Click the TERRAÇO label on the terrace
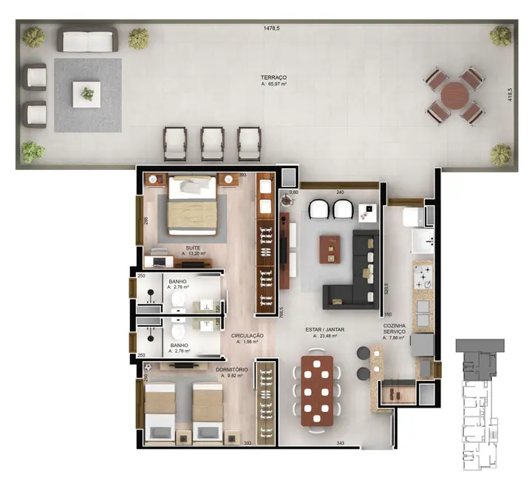273,77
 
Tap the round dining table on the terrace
454,96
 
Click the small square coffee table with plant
87,95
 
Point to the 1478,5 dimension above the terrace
272,29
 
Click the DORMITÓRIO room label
232,368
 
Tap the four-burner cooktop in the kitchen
423,279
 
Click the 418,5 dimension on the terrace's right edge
510,97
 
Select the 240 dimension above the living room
341,193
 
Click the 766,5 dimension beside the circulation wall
282,312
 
